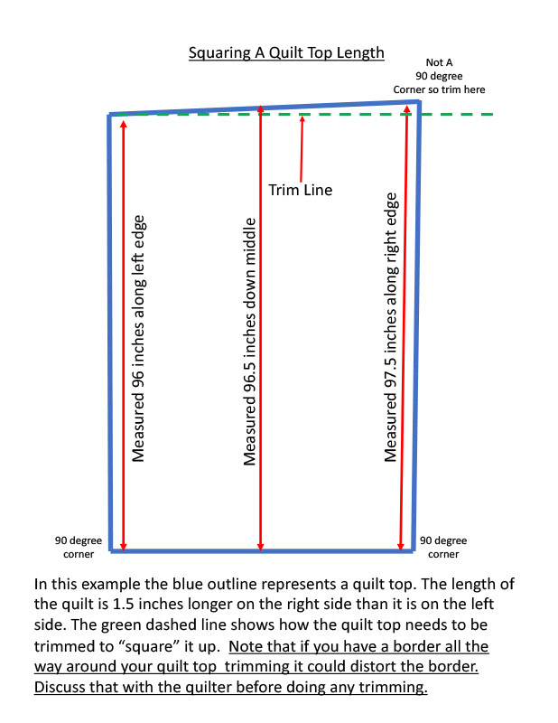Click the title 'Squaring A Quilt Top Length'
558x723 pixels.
point(286,53)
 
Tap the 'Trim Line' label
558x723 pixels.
point(301,190)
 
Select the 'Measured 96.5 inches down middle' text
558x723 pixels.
point(251,341)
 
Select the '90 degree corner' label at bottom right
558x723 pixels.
point(443,547)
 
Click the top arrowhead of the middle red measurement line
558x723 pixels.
point(260,109)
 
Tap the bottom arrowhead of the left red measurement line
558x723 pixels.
point(124,545)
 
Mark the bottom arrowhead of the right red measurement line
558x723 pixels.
point(400,545)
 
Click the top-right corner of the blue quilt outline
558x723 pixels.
point(418,102)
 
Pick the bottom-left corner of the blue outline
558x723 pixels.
point(112,549)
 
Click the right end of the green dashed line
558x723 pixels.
point(491,115)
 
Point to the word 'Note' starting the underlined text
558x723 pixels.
point(248,646)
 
